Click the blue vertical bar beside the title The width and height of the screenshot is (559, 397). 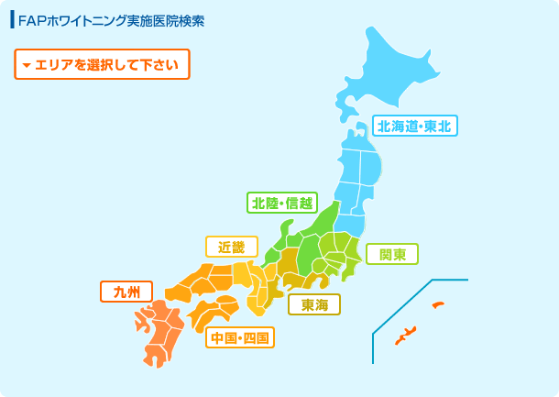click(x=12, y=20)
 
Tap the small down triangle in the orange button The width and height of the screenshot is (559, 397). click(x=27, y=65)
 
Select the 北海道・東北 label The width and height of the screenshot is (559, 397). click(x=414, y=126)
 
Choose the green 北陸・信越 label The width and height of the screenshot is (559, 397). click(x=280, y=202)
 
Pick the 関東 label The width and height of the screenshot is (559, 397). click(x=392, y=254)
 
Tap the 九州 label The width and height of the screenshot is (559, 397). click(x=126, y=292)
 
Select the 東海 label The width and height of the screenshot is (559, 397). click(x=314, y=303)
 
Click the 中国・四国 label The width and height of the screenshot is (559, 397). click(x=239, y=338)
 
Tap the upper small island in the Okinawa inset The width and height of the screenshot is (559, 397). click(x=438, y=304)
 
